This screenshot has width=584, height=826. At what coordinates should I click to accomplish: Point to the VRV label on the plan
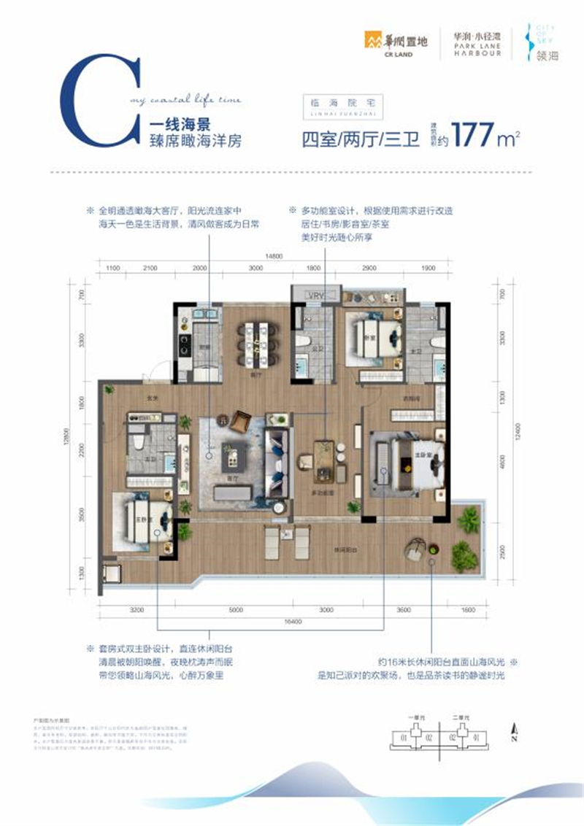(315, 295)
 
